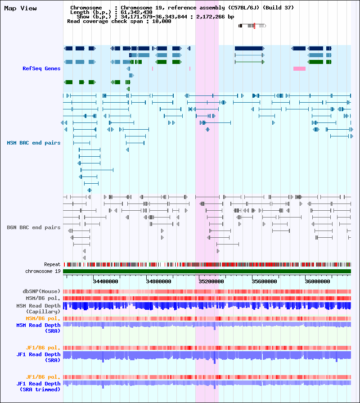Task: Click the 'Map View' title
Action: tap(20, 9)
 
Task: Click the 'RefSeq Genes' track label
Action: tap(41, 68)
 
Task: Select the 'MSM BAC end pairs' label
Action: tap(34, 143)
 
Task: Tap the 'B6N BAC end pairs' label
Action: tap(34, 227)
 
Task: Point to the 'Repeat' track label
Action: tap(52, 264)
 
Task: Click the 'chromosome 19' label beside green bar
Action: tap(43, 271)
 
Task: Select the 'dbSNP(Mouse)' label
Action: tap(41, 291)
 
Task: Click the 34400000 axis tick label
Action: tap(106, 281)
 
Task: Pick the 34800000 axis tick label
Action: tap(159, 281)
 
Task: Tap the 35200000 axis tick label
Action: tap(211, 281)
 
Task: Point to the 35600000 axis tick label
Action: tap(265, 281)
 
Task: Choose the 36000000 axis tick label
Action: tap(317, 281)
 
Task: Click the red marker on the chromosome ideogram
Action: tap(254, 26)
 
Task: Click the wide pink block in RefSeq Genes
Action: tap(299, 68)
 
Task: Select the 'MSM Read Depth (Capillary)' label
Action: tap(38, 309)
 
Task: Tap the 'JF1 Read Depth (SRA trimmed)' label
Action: tap(38, 386)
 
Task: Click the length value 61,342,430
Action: tap(136, 12)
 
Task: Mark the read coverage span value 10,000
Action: tap(162, 21)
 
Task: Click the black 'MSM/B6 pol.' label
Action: tap(43, 299)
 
